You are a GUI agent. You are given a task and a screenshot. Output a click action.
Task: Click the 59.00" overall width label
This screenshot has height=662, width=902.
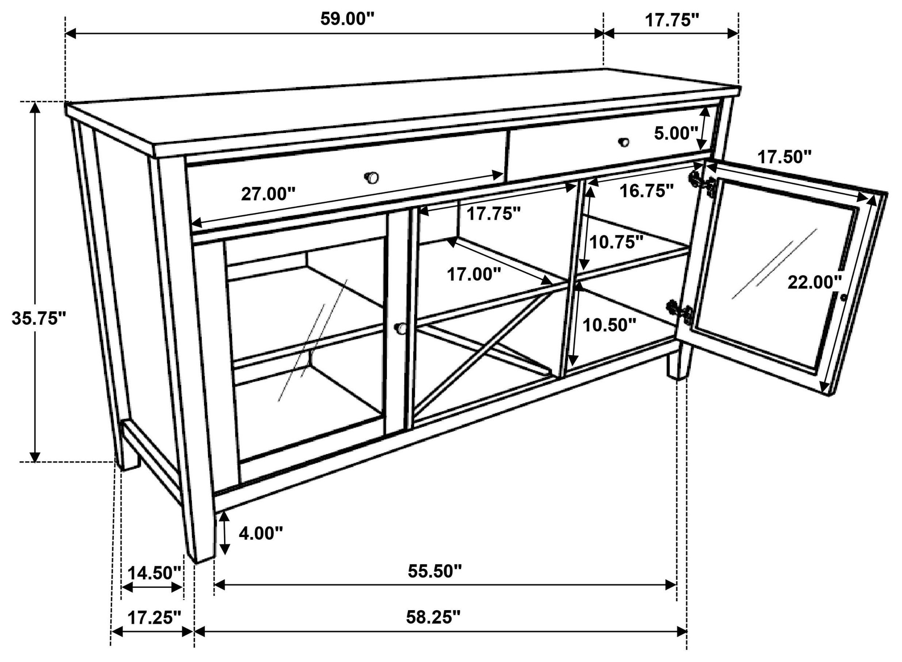tap(347, 19)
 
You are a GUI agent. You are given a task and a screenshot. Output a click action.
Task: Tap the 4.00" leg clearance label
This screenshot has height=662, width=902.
tap(261, 533)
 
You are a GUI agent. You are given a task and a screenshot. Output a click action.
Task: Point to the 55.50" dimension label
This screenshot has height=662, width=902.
tap(435, 571)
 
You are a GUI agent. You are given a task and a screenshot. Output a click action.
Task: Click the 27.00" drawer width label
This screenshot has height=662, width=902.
tap(268, 195)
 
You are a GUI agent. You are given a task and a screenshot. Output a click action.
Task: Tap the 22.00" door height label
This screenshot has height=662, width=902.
tap(814, 282)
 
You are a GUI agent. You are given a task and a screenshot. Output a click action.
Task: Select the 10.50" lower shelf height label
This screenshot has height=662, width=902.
tap(609, 325)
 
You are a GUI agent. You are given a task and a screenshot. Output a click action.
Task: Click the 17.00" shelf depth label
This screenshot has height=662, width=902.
tap(474, 275)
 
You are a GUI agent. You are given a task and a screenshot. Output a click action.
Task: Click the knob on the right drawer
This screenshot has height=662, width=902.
tap(624, 142)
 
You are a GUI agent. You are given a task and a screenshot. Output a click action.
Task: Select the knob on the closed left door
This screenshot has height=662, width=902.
tap(400, 328)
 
